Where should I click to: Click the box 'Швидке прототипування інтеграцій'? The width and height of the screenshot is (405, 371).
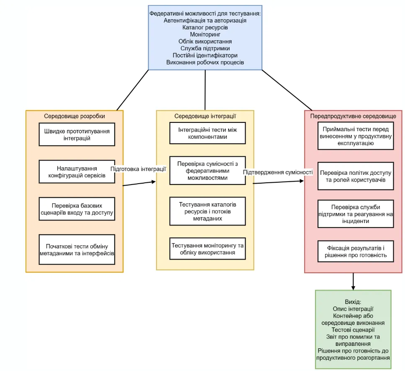tap(77, 135)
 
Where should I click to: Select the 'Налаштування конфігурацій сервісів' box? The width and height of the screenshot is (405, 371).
tap(77, 172)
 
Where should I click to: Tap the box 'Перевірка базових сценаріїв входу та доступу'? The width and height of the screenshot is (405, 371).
tap(77, 209)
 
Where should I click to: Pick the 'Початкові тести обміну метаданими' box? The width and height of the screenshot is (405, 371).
tap(77, 249)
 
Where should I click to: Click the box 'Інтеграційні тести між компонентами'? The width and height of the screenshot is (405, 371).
tap(207, 133)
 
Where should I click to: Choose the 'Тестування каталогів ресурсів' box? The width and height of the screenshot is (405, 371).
tap(207, 211)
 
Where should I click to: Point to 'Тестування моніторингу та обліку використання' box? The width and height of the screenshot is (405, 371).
tap(207, 249)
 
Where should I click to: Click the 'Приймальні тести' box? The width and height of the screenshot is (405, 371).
tap(356, 136)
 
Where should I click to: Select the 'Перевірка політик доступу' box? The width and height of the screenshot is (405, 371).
tap(356, 176)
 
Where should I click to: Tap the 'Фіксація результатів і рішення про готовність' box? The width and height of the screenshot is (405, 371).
tap(356, 251)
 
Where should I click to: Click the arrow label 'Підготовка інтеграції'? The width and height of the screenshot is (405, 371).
tap(138, 169)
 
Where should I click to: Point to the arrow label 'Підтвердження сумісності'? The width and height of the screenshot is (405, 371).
tap(278, 172)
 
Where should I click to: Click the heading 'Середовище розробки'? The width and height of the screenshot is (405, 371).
tap(75, 116)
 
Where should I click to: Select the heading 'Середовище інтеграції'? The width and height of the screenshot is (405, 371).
tap(205, 116)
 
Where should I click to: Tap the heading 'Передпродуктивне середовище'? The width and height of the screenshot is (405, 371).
tap(353, 116)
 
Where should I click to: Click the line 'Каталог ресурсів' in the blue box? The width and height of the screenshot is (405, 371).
tap(205, 27)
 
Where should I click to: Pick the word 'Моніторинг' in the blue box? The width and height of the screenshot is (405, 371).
tap(205, 34)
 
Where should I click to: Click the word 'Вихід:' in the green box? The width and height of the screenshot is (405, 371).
tap(353, 302)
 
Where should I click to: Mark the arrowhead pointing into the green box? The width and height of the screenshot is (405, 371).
tap(353, 288)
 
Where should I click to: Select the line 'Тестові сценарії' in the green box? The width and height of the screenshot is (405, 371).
tap(353, 329)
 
